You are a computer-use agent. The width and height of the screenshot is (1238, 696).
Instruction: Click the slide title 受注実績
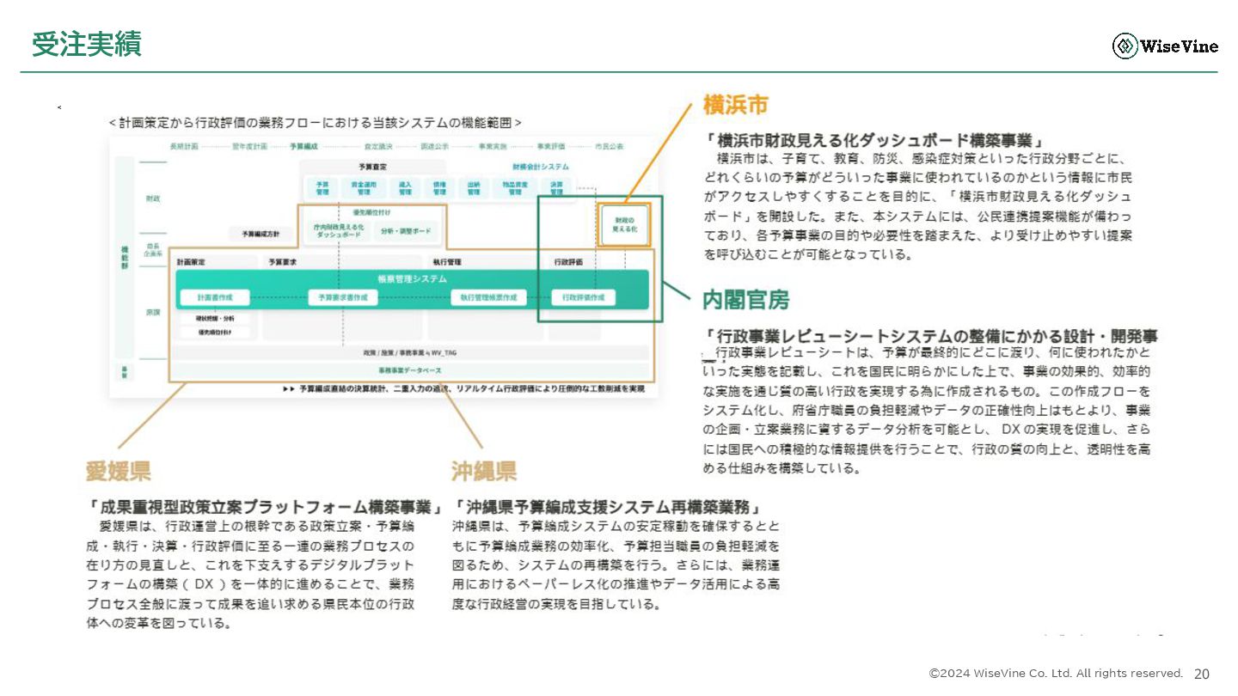(86, 45)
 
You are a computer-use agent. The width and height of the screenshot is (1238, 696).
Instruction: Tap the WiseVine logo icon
(1125, 46)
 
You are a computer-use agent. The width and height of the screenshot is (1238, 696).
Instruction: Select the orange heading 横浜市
(735, 106)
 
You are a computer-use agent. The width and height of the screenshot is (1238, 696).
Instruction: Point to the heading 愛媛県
(119, 470)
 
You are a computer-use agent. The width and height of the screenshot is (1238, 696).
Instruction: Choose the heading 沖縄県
(484, 470)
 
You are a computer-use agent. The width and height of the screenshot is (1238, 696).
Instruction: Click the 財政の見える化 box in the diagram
(625, 225)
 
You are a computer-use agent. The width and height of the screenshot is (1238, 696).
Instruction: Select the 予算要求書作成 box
(343, 297)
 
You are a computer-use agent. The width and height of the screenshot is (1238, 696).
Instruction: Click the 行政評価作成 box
(584, 297)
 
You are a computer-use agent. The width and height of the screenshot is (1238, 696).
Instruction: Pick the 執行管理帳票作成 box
(487, 297)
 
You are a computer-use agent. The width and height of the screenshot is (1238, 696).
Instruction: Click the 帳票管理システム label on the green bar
(412, 278)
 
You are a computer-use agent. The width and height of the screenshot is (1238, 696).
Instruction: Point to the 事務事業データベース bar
(411, 370)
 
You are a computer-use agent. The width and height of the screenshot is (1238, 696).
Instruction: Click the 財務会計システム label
(540, 166)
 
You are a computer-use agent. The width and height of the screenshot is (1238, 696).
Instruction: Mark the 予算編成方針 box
(260, 233)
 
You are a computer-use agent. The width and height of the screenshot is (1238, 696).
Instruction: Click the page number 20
(1202, 674)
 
